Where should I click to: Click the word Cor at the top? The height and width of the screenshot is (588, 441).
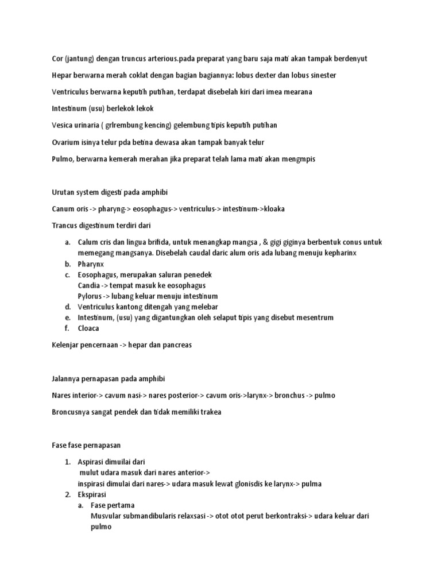pyautogui.click(x=57, y=59)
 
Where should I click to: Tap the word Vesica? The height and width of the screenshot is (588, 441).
pyautogui.click(x=64, y=125)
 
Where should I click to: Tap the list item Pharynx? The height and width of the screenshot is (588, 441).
pyautogui.click(x=91, y=264)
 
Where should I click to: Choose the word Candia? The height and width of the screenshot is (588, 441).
pyautogui.click(x=91, y=285)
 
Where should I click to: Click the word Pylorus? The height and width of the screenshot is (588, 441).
pyautogui.click(x=91, y=296)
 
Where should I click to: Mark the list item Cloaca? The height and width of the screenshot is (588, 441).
pyautogui.click(x=89, y=328)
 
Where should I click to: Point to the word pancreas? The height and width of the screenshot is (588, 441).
pyautogui.click(x=176, y=345)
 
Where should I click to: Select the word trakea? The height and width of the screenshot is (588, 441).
pyautogui.click(x=210, y=412)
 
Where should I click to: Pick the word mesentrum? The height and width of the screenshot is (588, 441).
pyautogui.click(x=311, y=318)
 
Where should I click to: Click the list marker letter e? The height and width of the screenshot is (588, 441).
pyautogui.click(x=67, y=318)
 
